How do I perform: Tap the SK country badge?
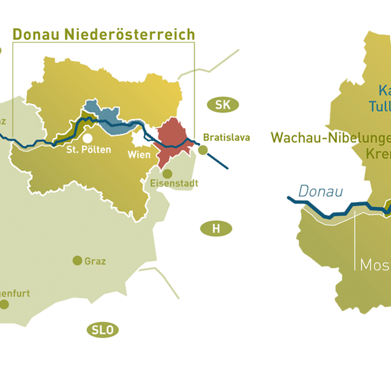[x=223, y=104]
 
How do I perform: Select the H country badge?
[x=216, y=228]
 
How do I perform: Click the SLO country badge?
[x=102, y=331]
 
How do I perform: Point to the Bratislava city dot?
[x=203, y=150]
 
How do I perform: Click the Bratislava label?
[x=226, y=137]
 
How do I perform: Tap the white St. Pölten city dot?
[x=89, y=138]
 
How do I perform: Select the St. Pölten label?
[x=88, y=150]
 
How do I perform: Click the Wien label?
[x=139, y=155]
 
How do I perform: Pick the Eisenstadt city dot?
[x=167, y=173]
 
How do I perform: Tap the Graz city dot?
[x=77, y=260]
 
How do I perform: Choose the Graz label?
[x=95, y=261]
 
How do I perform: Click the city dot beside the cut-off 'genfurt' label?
[x=4, y=302]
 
